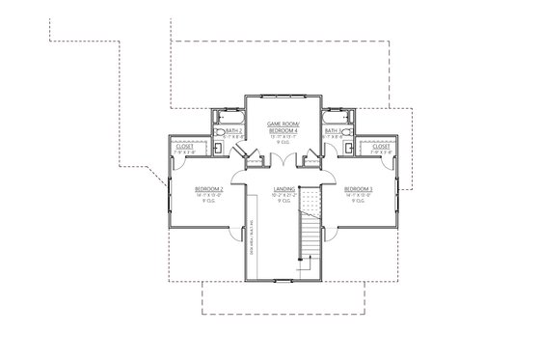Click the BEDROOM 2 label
[208, 188]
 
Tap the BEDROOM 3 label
[358, 188]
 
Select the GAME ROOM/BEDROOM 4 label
[283, 128]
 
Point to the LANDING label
[283, 188]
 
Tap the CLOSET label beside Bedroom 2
[185, 146]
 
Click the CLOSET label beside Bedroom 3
[382, 146]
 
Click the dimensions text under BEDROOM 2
[208, 195]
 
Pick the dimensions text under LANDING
[283, 195]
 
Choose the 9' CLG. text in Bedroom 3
[358, 202]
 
